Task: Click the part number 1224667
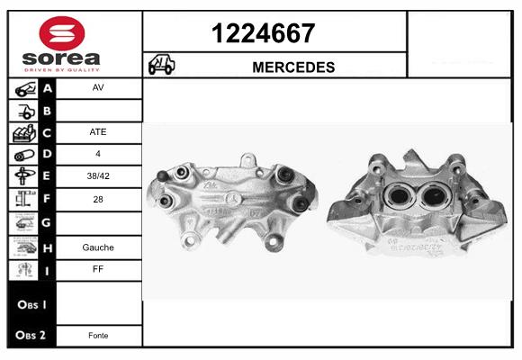pyautogui.click(x=263, y=33)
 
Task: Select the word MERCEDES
pyautogui.click(x=293, y=67)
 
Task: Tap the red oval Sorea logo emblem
pyautogui.click(x=62, y=33)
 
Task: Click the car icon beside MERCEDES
pyautogui.click(x=161, y=64)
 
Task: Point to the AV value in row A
pyautogui.click(x=98, y=87)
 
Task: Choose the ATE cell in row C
pyautogui.click(x=98, y=132)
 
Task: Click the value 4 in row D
pyautogui.click(x=98, y=154)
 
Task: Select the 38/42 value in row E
pyautogui.click(x=98, y=175)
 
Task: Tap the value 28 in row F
pyautogui.click(x=98, y=199)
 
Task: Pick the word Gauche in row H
pyautogui.click(x=98, y=247)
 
